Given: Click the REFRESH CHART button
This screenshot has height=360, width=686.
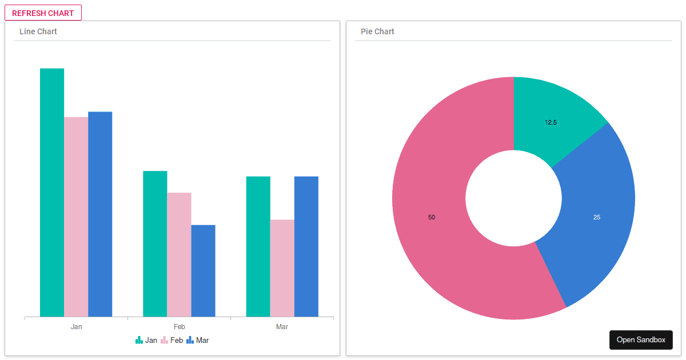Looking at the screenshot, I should click(43, 13).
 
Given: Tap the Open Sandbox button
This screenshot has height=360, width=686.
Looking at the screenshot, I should click(641, 339).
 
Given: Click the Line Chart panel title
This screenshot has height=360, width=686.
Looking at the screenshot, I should click(38, 31).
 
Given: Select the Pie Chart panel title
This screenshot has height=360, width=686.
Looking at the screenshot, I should click(377, 31).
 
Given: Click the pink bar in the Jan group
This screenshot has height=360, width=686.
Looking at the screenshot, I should click(76, 217).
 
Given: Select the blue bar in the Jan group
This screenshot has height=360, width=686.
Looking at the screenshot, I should click(100, 214).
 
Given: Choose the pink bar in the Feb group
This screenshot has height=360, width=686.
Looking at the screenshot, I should click(179, 254).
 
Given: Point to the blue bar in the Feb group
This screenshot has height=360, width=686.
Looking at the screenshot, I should click(203, 271).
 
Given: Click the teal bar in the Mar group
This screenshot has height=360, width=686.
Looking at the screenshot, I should click(258, 246).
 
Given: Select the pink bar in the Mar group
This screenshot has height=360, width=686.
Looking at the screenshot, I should click(282, 268).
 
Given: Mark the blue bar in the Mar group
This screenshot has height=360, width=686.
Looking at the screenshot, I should click(306, 246).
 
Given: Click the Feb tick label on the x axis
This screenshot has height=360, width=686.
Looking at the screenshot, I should click(180, 327).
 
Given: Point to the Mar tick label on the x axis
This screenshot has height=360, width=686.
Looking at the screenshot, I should click(282, 327).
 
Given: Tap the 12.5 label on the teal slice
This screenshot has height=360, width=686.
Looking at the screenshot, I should click(551, 122).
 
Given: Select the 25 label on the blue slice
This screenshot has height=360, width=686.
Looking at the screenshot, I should click(597, 217).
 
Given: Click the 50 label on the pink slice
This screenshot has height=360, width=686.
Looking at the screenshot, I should click(432, 217).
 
